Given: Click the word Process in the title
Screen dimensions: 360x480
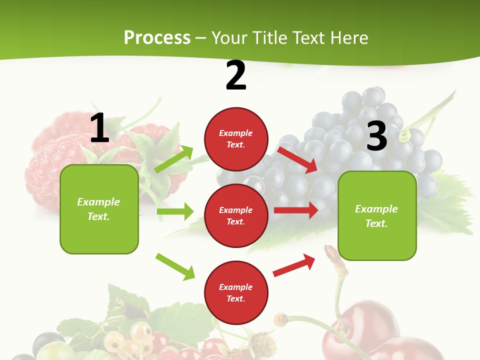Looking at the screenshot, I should click(x=157, y=37).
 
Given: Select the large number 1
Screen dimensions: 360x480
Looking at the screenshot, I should click(x=99, y=128).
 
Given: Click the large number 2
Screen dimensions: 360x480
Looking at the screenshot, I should click(x=236, y=75).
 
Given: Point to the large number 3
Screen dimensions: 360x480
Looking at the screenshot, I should click(x=376, y=136).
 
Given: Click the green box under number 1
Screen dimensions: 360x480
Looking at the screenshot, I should click(x=99, y=209).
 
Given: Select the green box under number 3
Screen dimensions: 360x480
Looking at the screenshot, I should click(x=377, y=215).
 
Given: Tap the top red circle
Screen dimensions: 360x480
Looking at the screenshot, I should click(x=236, y=138).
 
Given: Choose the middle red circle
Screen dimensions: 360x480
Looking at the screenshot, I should click(x=236, y=215).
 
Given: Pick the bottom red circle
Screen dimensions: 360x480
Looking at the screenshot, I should click(x=236, y=292).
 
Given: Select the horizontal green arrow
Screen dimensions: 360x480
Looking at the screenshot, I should click(x=175, y=211).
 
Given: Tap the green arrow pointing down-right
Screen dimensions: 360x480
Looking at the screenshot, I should click(x=175, y=266).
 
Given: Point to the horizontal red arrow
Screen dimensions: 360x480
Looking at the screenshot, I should click(x=296, y=210).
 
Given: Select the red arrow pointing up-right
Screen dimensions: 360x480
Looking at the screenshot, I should click(x=294, y=265).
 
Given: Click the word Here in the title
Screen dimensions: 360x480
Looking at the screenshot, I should click(x=349, y=37).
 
